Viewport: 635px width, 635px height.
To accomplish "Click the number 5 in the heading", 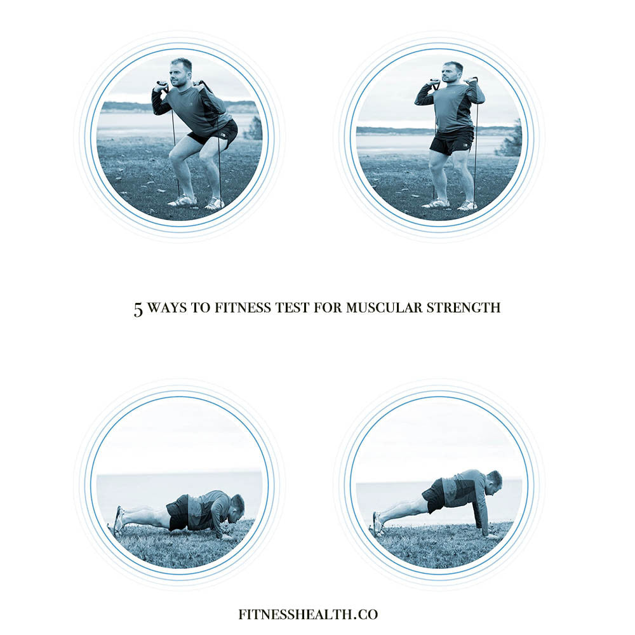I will [138, 309].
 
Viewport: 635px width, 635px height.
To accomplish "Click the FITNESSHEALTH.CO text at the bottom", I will [308, 614].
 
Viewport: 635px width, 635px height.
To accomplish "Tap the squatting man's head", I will [180, 72].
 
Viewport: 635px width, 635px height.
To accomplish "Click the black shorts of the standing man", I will [451, 141].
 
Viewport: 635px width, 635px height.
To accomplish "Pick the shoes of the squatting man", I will [197, 202].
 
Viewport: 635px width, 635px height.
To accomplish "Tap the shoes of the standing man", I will [451, 204].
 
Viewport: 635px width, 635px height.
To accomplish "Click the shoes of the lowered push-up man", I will [118, 520].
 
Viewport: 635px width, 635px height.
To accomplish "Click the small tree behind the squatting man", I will [254, 129].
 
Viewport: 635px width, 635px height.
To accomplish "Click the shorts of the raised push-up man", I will [435, 496].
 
